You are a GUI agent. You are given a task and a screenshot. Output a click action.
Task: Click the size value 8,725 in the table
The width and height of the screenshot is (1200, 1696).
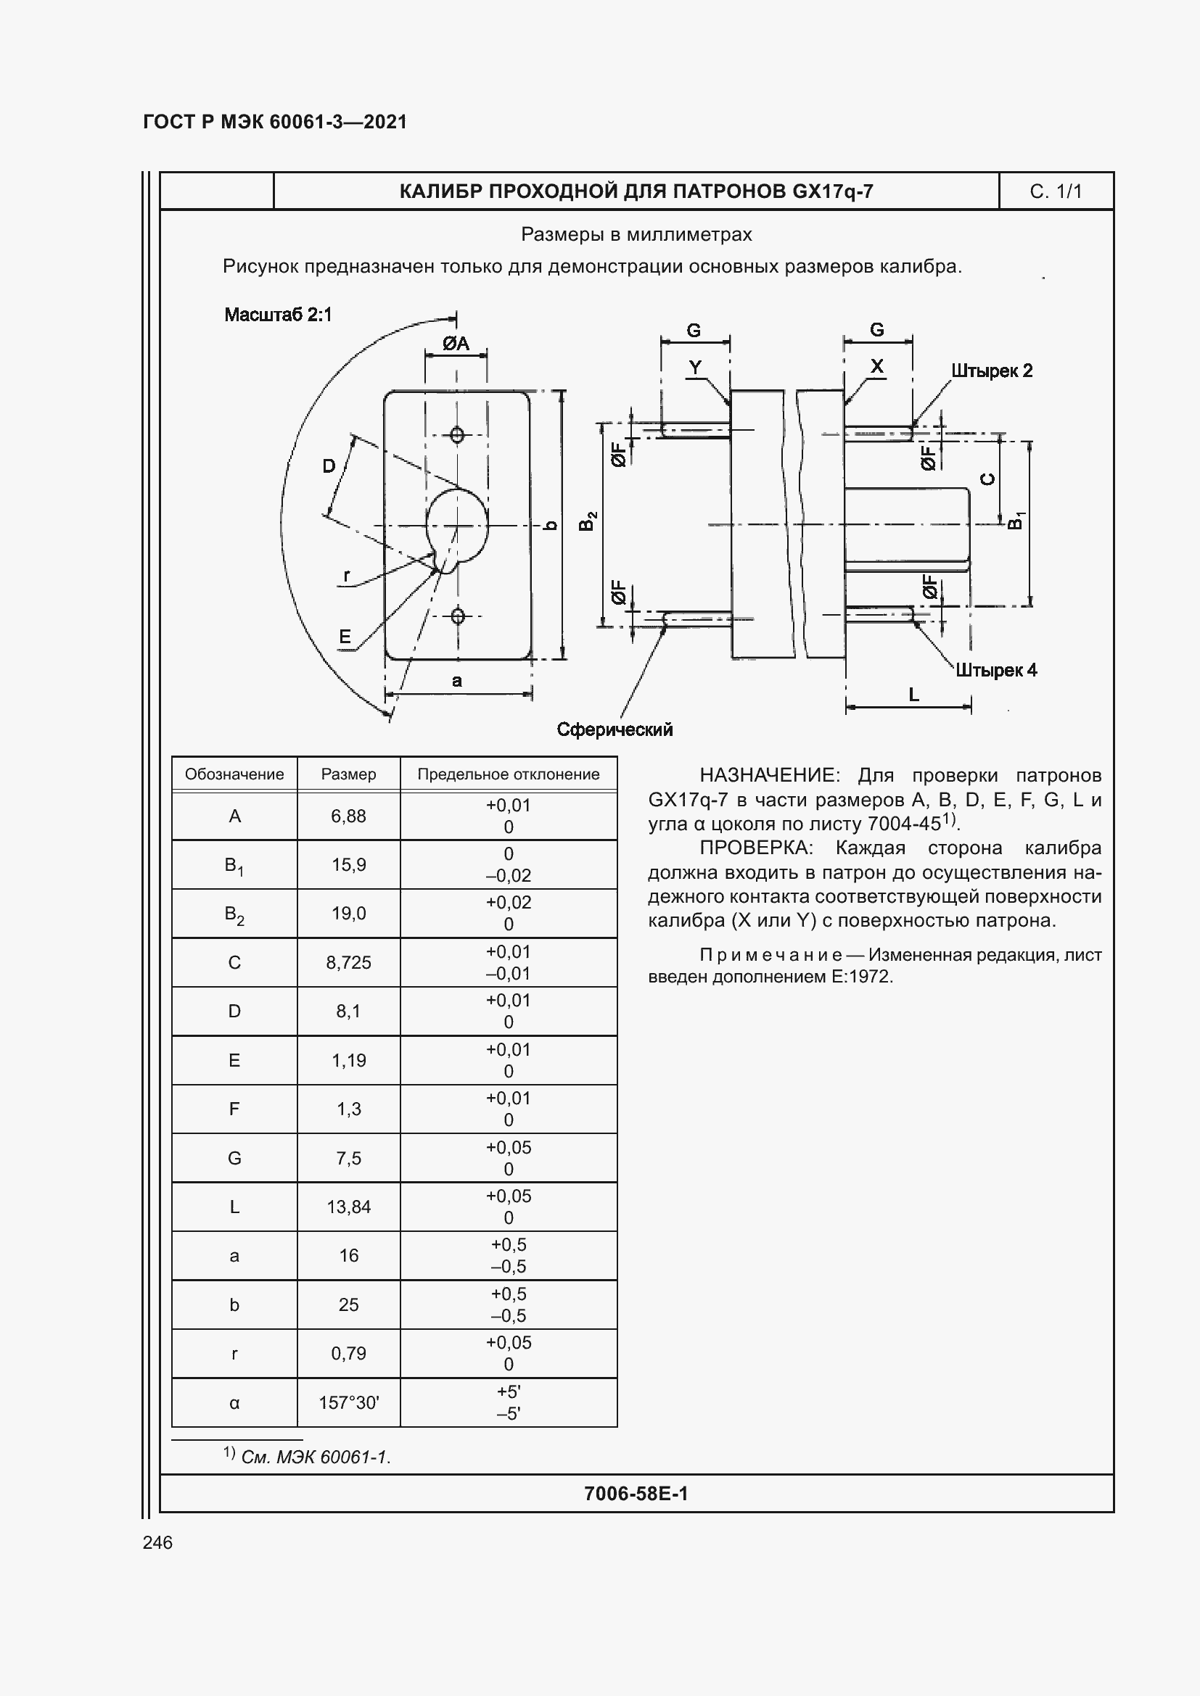[348, 961]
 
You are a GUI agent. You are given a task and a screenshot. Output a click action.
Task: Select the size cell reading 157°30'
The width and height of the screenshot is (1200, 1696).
[348, 1402]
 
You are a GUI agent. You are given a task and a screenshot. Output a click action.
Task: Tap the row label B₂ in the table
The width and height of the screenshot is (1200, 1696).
[234, 914]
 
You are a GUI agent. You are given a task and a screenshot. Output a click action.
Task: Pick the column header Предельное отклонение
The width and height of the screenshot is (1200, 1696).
[508, 774]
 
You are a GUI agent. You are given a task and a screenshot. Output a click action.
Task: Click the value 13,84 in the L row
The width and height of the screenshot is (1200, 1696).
[348, 1207]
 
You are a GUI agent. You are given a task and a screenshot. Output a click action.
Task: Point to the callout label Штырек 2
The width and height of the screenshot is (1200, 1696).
[991, 371]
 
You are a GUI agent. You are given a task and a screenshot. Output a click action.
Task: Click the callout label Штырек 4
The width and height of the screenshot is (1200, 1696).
[995, 670]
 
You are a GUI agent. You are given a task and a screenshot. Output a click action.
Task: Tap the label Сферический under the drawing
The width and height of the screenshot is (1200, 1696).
[614, 730]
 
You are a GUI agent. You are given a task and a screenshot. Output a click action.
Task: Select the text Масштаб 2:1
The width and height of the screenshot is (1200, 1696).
[278, 315]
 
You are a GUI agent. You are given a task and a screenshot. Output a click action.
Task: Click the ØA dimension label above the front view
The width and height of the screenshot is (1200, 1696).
[456, 344]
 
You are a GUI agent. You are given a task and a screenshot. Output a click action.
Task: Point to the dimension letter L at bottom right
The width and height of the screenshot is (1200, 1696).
[913, 695]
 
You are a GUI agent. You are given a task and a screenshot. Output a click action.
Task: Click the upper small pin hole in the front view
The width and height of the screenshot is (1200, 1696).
[457, 434]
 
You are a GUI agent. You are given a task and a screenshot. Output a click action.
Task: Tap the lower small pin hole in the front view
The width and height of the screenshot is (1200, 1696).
[457, 616]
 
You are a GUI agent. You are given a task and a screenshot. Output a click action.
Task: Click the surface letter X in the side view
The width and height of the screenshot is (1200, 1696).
[876, 366]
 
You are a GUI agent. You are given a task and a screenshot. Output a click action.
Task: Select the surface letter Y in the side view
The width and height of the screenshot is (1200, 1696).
[694, 367]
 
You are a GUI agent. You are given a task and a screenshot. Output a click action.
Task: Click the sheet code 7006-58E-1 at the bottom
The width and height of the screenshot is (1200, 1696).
[636, 1493]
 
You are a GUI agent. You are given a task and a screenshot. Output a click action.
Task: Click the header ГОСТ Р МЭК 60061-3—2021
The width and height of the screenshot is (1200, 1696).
[275, 122]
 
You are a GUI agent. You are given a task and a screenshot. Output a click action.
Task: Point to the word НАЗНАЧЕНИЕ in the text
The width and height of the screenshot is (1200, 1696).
[768, 775]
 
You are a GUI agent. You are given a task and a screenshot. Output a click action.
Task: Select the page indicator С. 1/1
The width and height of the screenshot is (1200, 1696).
[1055, 191]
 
